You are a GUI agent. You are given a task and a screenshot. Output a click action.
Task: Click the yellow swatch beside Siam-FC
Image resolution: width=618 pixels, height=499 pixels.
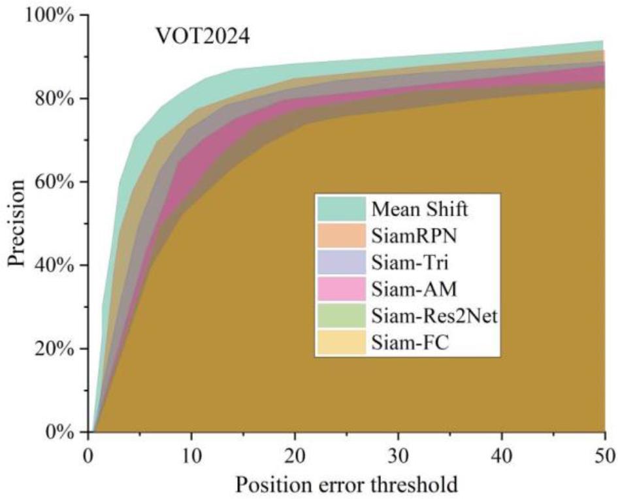point(342,343)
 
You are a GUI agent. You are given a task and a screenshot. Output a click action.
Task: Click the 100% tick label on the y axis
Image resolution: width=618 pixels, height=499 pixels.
point(50,15)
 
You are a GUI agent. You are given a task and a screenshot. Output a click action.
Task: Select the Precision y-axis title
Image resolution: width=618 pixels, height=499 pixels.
point(18,223)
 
